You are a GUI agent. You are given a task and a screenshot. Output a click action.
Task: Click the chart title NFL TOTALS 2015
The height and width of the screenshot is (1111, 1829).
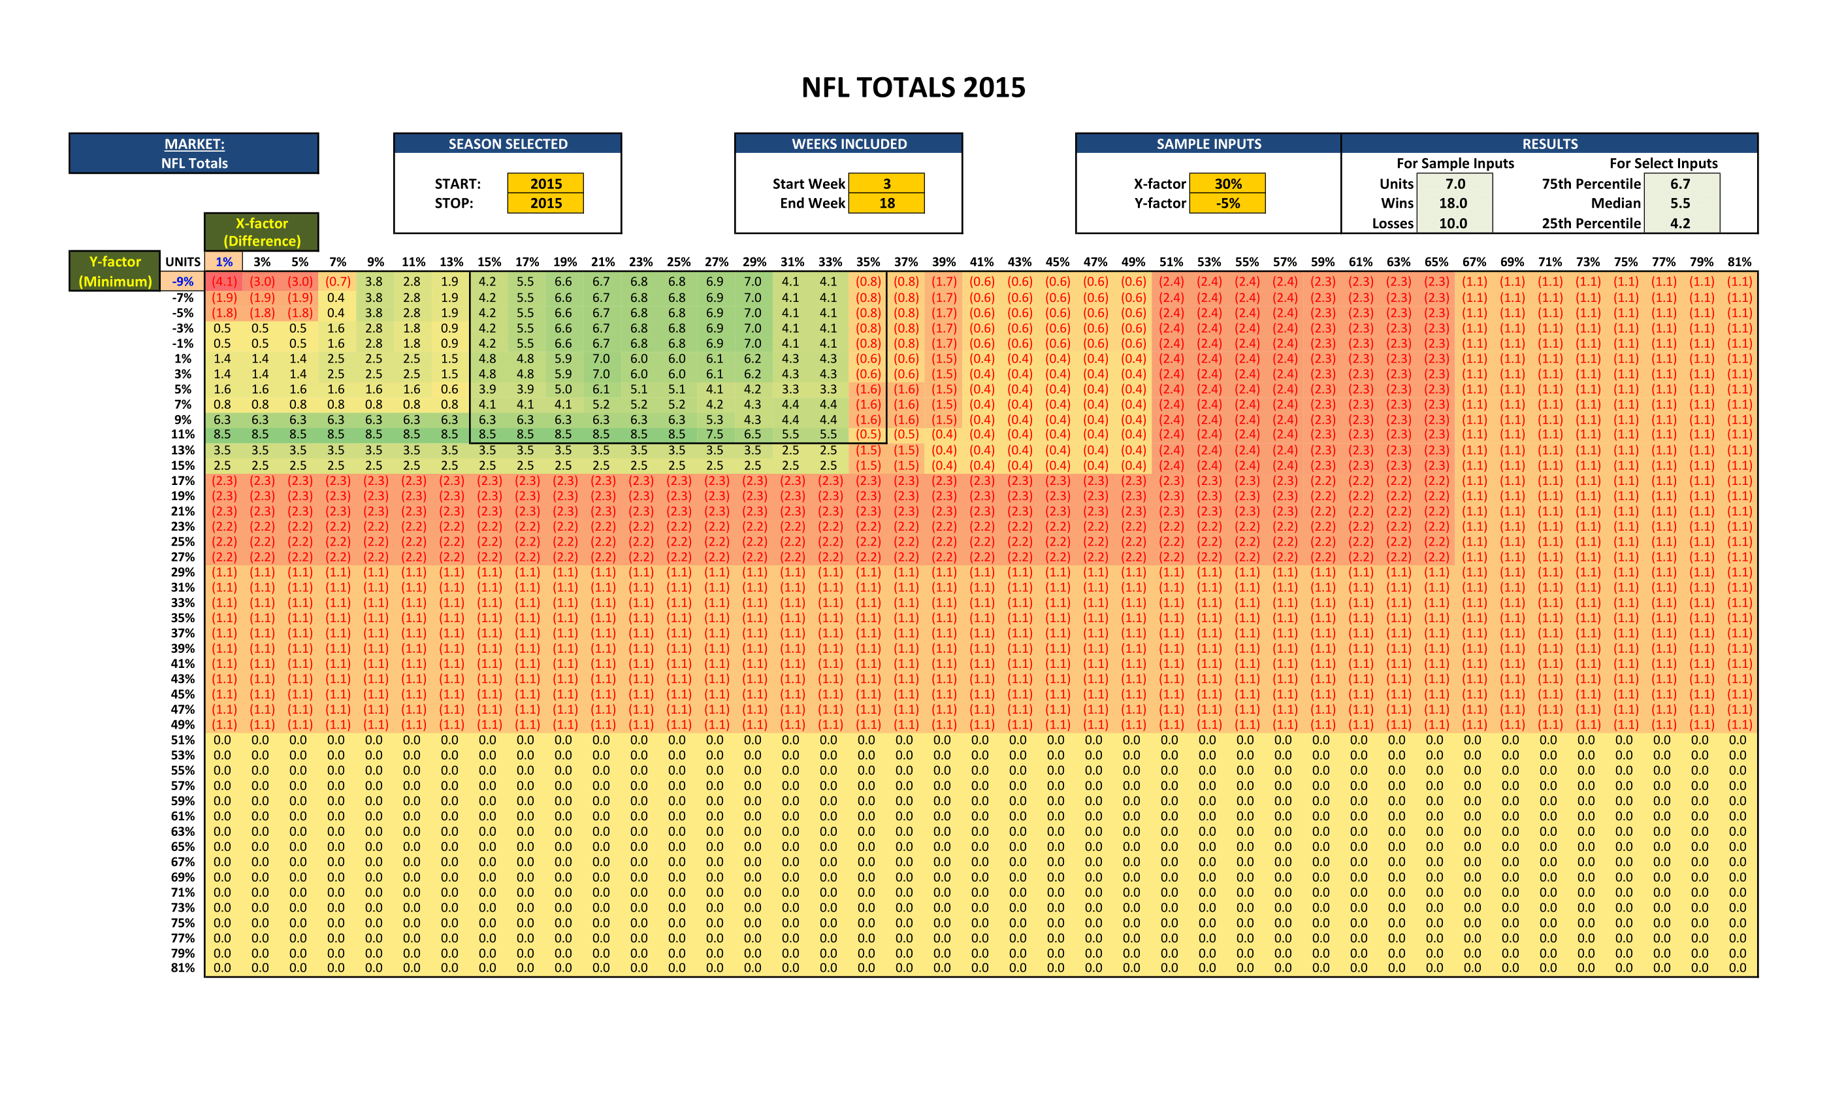pos(913,88)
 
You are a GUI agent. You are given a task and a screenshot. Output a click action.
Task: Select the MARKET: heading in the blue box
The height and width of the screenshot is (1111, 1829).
pos(194,144)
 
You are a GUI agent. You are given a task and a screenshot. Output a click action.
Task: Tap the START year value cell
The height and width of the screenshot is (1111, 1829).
pos(545,184)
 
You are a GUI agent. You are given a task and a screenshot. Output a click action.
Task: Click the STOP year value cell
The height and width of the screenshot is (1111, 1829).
pos(545,203)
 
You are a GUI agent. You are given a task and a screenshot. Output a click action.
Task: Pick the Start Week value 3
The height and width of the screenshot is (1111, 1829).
pos(886,184)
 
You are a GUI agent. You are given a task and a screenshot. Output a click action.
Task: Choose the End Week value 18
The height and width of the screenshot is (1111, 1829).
pos(886,203)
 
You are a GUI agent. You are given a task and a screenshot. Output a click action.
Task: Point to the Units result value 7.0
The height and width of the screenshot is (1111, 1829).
pos(1454,184)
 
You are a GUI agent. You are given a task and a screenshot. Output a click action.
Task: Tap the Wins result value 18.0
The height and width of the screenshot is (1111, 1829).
pos(1453,203)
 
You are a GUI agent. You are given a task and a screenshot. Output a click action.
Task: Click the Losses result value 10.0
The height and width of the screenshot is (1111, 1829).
pos(1453,223)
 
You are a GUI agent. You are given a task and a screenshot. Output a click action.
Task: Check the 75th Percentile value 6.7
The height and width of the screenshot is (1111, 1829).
pos(1680,184)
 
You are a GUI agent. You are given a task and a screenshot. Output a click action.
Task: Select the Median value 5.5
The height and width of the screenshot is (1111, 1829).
pos(1680,203)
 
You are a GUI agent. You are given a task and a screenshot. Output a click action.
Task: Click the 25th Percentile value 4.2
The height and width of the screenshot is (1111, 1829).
pos(1680,223)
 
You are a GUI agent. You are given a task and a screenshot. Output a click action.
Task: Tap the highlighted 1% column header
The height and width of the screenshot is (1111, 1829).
pos(223,261)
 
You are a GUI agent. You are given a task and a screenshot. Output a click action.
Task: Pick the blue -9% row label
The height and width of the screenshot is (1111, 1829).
pos(183,282)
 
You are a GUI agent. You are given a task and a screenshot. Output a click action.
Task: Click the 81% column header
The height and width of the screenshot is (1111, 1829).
pos(1739,261)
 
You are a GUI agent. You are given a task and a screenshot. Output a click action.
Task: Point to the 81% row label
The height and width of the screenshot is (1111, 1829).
pos(183,968)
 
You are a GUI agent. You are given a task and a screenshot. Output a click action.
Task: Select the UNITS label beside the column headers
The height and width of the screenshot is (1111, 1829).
pos(183,261)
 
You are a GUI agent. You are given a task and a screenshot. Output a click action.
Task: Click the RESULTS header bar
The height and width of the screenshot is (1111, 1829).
pos(1549,144)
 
